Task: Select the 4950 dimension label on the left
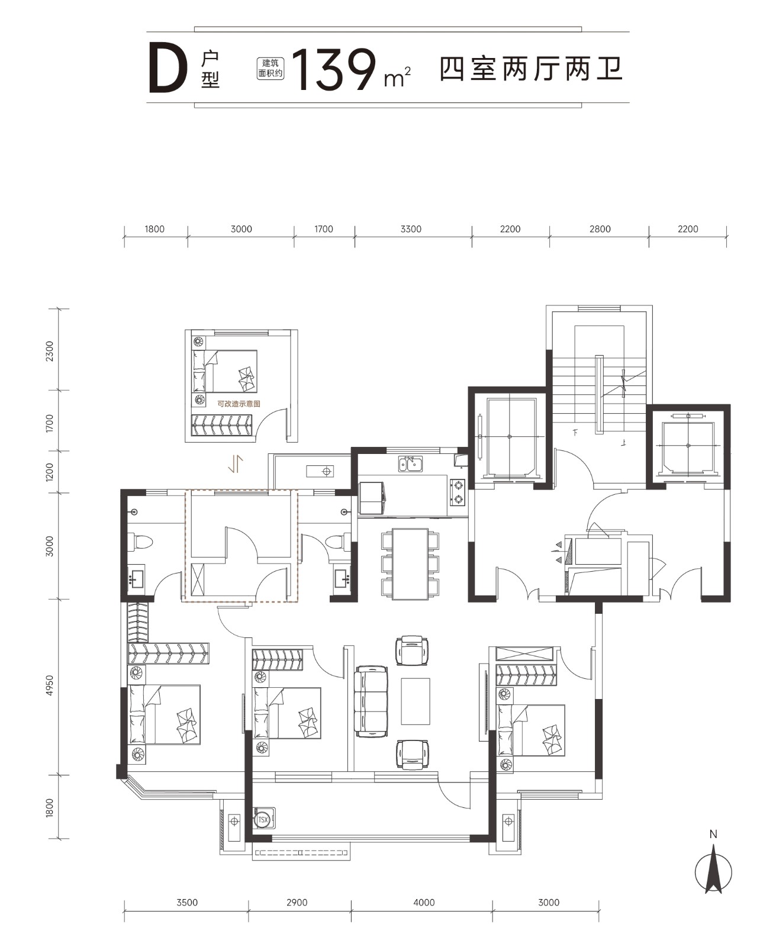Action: [x=49, y=685]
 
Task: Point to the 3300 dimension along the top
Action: [x=411, y=229]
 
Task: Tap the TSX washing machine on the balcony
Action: [x=263, y=820]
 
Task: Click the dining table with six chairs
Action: [x=410, y=564]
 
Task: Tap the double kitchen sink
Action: [x=410, y=464]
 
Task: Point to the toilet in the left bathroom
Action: [x=140, y=542]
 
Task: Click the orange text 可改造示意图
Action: [x=239, y=404]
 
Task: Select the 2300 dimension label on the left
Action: [x=49, y=351]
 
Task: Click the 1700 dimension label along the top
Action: [x=323, y=229]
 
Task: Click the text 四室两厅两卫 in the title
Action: [x=532, y=69]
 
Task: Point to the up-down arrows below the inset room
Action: [x=236, y=464]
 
